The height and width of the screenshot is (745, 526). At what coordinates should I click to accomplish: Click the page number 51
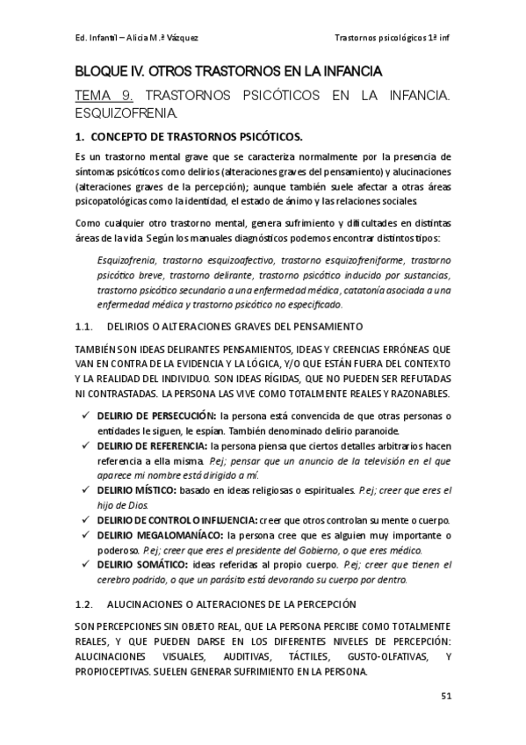(445, 697)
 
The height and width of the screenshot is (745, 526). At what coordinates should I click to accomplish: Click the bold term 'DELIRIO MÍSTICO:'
(136, 488)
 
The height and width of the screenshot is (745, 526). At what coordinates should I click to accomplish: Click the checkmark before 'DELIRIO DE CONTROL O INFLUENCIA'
(85, 519)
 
